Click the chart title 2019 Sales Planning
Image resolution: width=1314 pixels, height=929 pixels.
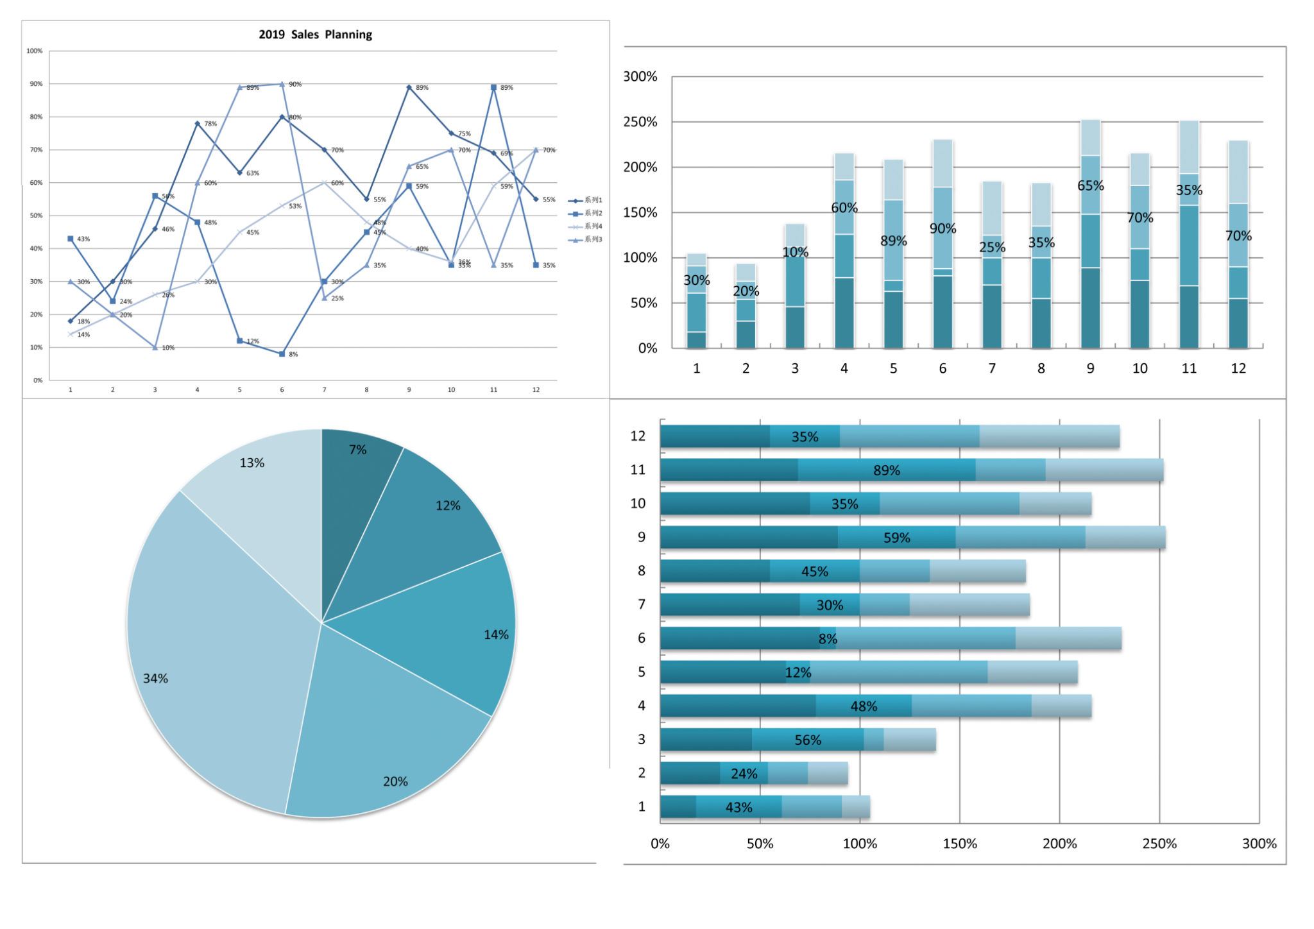coord(315,35)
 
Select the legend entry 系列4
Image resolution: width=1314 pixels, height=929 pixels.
coord(592,226)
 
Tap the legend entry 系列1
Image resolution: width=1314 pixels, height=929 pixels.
coord(592,200)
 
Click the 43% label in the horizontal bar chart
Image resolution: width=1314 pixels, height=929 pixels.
coord(738,808)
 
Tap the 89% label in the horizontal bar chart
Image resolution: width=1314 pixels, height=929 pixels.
coord(886,470)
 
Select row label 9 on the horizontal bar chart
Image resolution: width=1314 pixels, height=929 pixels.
coord(641,537)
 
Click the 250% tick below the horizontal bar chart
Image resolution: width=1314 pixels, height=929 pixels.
coord(1159,844)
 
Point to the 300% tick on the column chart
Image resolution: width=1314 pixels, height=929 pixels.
coord(640,77)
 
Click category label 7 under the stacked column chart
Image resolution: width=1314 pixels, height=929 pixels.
coord(992,369)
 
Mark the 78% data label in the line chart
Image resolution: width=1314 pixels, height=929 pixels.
coord(210,124)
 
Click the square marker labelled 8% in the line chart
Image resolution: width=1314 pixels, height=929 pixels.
coord(282,354)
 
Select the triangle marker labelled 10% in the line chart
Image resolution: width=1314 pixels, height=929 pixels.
coord(155,348)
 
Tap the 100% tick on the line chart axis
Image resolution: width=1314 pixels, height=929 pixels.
coord(35,51)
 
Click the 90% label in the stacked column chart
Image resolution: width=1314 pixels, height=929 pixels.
coord(943,229)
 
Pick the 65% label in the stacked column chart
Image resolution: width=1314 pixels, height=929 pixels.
coord(1090,186)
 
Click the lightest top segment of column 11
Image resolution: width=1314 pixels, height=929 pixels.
coord(1189,148)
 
